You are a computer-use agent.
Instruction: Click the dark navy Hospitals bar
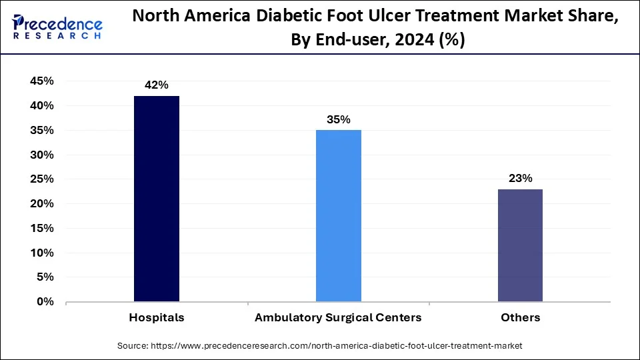pos(157,199)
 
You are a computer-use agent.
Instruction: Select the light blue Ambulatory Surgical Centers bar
pos(339,215)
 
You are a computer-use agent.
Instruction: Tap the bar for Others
pos(520,245)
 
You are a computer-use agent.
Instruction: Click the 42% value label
pos(157,85)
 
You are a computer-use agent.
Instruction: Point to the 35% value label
pos(339,119)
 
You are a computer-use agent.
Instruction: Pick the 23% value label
pos(520,178)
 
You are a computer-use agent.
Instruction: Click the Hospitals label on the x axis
pos(157,317)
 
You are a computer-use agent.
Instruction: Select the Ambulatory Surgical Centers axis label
pos(338,317)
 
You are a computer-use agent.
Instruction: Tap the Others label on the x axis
pos(520,317)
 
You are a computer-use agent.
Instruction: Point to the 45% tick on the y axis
pos(41,81)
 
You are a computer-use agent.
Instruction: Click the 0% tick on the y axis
pos(45,302)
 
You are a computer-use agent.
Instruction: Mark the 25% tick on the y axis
pos(41,179)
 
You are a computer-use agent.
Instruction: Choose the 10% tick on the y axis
pos(41,253)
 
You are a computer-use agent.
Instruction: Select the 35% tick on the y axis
pos(41,131)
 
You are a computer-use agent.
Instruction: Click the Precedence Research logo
pos(57,27)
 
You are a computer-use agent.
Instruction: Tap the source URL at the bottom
pos(320,345)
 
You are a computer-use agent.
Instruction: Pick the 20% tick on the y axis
pos(41,204)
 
